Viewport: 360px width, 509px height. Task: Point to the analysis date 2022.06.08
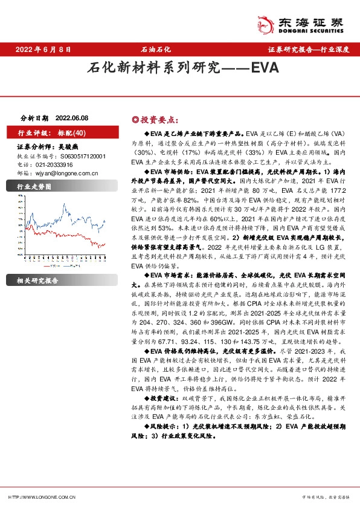tap(71, 120)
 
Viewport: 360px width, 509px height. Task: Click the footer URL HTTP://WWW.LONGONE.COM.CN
tap(40, 497)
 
